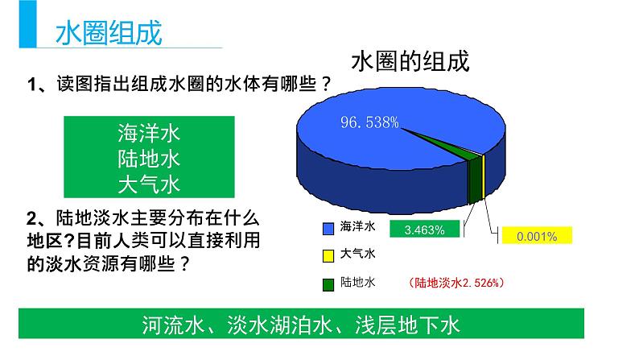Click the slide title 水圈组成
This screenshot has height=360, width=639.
(109, 32)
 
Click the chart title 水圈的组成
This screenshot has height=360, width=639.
(410, 61)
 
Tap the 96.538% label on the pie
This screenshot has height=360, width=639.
(369, 122)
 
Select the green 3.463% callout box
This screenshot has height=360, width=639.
(425, 229)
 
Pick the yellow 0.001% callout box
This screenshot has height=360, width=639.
(537, 235)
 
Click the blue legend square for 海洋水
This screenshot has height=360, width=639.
(328, 228)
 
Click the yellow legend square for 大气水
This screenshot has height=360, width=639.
(328, 255)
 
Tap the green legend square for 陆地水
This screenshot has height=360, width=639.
(328, 284)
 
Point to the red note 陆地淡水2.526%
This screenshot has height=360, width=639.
(456, 283)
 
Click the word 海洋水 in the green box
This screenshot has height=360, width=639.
(149, 134)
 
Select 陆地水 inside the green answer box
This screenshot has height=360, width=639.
(149, 159)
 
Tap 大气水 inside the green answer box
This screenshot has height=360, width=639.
(149, 184)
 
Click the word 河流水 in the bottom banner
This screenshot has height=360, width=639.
(173, 325)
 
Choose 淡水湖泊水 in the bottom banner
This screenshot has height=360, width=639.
(279, 325)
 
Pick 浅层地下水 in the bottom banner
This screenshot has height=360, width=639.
(407, 325)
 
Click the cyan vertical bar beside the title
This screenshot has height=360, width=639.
(27, 23)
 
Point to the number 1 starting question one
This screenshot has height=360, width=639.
(31, 85)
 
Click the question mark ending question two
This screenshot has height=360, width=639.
(184, 264)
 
